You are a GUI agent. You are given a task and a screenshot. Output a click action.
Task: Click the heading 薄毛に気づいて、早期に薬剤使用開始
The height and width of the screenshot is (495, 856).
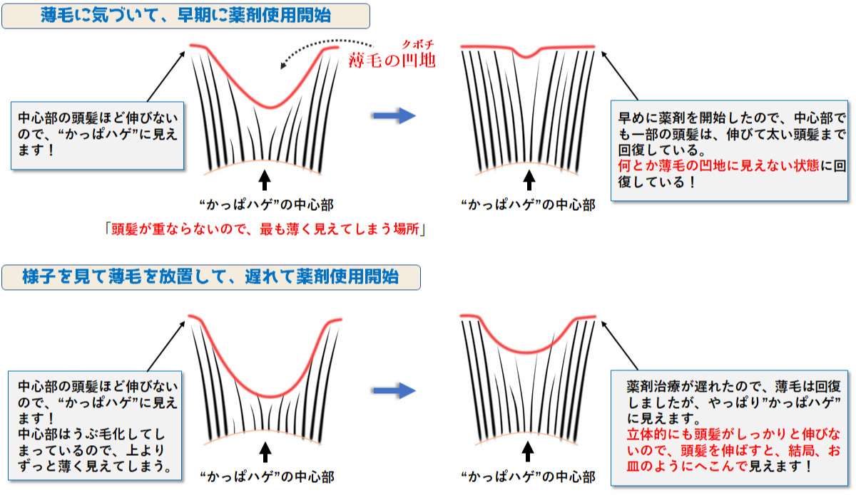point(185,16)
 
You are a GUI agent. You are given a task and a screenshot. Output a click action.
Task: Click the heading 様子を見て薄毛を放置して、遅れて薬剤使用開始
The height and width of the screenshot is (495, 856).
point(210,276)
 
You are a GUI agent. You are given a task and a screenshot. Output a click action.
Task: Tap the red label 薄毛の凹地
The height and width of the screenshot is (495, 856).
point(392,61)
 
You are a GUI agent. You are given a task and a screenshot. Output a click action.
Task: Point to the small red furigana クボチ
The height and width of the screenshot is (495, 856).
point(418,44)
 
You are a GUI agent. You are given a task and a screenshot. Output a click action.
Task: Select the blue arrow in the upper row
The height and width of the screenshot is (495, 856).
point(394,115)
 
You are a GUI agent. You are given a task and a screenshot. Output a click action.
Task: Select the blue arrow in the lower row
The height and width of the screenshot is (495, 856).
point(394,390)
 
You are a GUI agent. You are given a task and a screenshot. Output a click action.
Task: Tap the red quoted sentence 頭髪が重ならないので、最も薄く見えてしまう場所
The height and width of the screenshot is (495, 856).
point(265,229)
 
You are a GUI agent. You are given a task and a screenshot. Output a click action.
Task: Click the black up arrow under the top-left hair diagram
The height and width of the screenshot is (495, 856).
point(265,180)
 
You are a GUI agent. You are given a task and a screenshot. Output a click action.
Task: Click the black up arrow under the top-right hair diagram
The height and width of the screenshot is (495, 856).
point(529,180)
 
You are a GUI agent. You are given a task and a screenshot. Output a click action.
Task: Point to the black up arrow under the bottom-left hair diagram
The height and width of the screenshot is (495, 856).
point(265,452)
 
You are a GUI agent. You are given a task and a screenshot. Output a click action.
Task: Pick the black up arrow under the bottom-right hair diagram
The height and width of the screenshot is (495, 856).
point(528,452)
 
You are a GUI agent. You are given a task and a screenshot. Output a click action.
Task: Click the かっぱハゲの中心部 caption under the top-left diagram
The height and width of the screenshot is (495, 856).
point(267,205)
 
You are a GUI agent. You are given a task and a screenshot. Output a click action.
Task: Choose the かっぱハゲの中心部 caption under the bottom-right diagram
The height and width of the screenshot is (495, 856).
point(529,477)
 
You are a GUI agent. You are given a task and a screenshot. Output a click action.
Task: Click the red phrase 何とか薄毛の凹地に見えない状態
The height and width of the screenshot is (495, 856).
point(718,166)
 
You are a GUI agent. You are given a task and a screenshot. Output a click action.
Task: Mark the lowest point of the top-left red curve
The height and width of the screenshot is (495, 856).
point(270,107)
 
